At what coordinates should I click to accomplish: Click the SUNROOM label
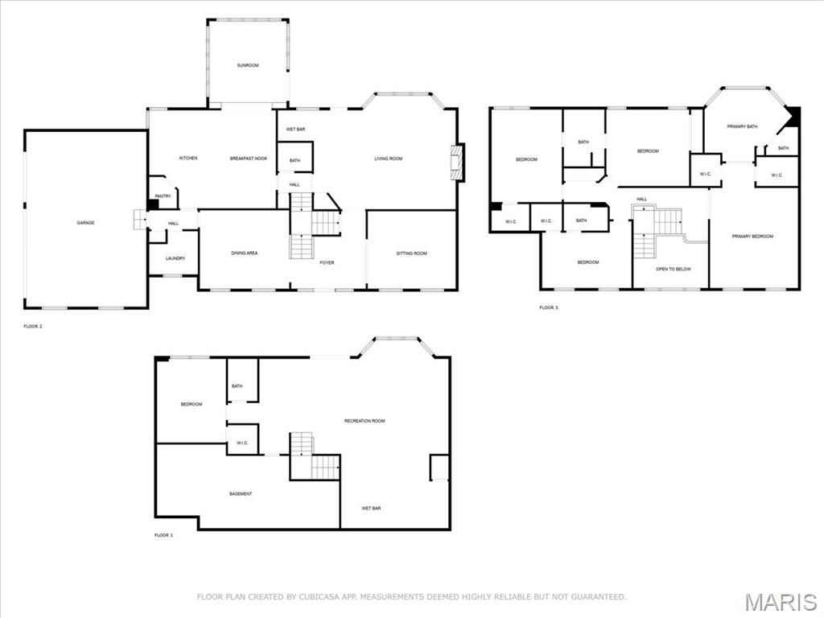pos(248,65)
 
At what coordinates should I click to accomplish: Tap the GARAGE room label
pos(85,222)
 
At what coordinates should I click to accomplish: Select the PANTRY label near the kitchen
pos(163,196)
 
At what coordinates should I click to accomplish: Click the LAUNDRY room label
pos(175,258)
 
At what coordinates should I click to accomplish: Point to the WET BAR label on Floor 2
pos(295,129)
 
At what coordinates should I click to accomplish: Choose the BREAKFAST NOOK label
pos(248,159)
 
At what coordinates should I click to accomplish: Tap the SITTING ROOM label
pos(411,253)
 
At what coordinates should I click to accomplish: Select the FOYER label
pos(327,262)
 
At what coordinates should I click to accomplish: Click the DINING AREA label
pos(244,253)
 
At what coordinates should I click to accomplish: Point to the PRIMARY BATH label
pos(742,126)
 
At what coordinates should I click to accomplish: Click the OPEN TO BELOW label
pos(673,269)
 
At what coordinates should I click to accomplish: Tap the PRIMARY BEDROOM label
pos(752,236)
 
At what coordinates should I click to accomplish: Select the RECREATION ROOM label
pos(365,421)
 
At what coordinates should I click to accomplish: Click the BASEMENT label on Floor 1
pos(240,493)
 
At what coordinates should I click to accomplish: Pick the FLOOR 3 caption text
pos(548,307)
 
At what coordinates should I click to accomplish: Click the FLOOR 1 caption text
pos(163,534)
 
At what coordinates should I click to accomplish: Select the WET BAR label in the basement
pos(371,509)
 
